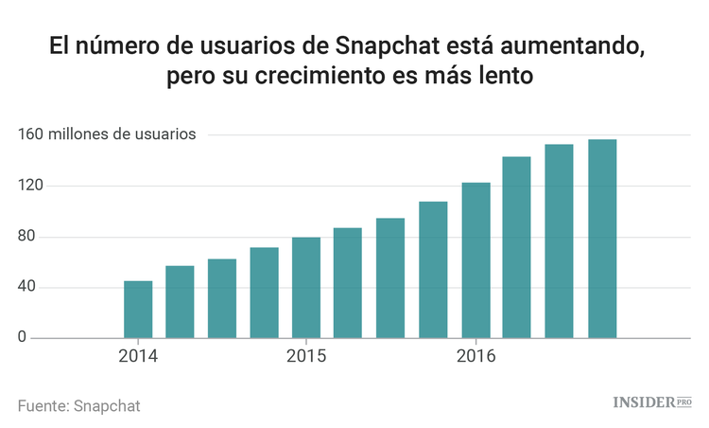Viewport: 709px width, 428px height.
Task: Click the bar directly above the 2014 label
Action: (x=138, y=310)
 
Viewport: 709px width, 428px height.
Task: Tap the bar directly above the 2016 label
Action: (x=476, y=260)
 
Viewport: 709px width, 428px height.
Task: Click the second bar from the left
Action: (x=180, y=302)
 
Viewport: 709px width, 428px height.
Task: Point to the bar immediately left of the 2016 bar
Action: (x=433, y=270)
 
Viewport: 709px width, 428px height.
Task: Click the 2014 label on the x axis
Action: (x=138, y=357)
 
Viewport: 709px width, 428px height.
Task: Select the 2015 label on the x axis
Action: (x=305, y=357)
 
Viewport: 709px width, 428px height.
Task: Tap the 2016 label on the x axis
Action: (x=476, y=357)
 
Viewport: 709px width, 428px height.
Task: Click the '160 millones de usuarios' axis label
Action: (x=107, y=134)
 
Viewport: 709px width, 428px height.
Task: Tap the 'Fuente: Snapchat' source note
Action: (x=78, y=404)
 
